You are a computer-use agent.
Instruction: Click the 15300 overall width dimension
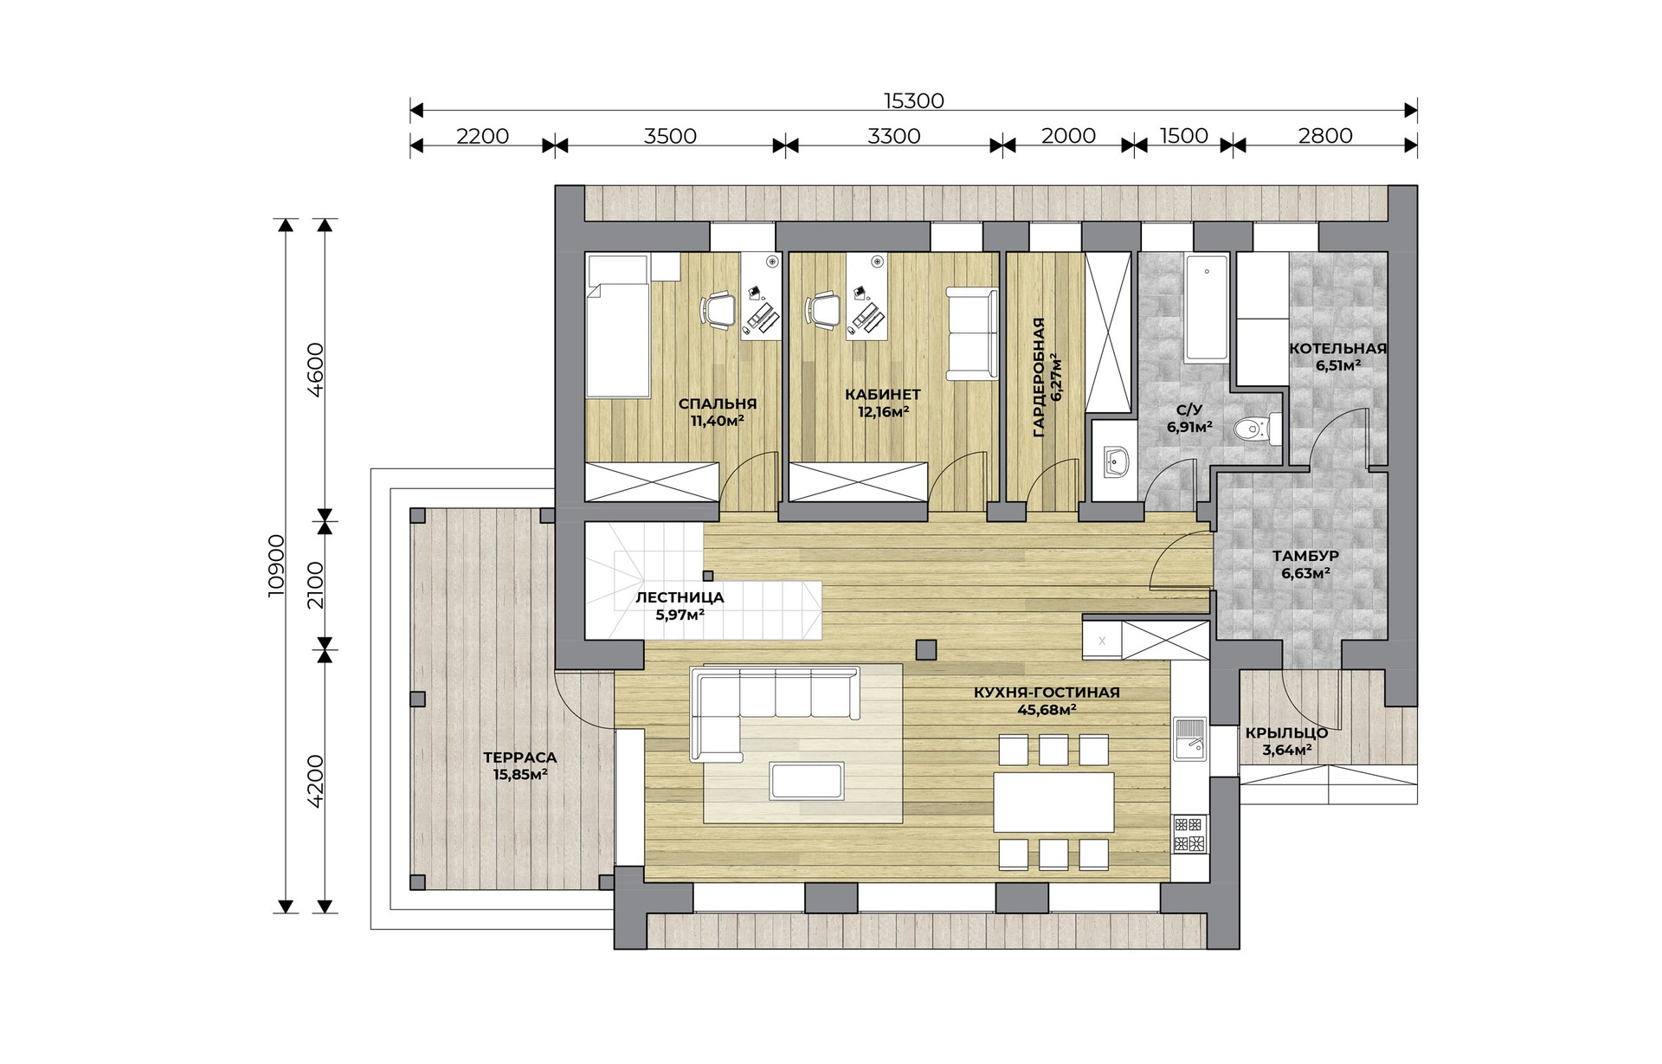coord(913,100)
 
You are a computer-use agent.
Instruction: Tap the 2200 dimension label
coord(482,136)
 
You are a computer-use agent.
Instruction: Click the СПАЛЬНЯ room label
coord(718,403)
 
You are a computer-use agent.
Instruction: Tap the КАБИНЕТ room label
coord(883,395)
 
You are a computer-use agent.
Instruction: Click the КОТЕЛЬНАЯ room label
coord(1337,349)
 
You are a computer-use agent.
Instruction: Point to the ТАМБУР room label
coord(1305,556)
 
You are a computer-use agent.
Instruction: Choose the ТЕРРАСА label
coord(519,758)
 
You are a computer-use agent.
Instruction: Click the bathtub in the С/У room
coord(1206,307)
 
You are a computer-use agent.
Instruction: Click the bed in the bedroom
coord(618,326)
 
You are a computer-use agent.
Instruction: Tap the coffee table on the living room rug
coord(806,780)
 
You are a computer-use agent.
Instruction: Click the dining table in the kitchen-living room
coord(1053,802)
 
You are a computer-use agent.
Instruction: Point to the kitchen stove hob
coord(1189,833)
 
